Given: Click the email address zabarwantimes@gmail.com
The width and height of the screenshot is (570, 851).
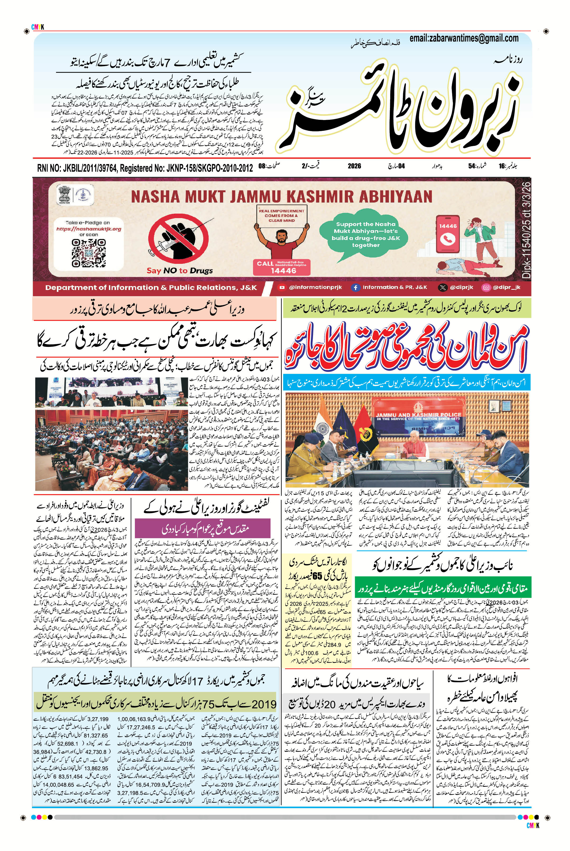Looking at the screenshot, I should (463, 38).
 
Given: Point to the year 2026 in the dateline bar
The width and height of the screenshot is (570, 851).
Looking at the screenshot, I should (354, 166).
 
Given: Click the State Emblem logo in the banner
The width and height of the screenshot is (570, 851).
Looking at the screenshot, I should (65, 195).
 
